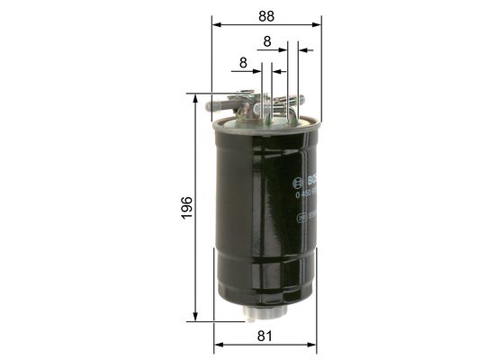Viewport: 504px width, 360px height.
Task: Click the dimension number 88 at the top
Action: (x=265, y=16)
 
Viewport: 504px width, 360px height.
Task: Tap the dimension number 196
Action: (x=185, y=209)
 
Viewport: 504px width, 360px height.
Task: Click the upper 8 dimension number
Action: (x=267, y=41)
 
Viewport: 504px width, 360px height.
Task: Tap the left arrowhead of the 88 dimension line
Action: (x=216, y=26)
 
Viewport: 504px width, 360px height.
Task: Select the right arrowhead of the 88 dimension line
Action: (x=318, y=26)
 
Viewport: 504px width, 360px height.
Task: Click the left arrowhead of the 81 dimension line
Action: (x=218, y=346)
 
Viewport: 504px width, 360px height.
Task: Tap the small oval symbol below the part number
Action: (x=301, y=220)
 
